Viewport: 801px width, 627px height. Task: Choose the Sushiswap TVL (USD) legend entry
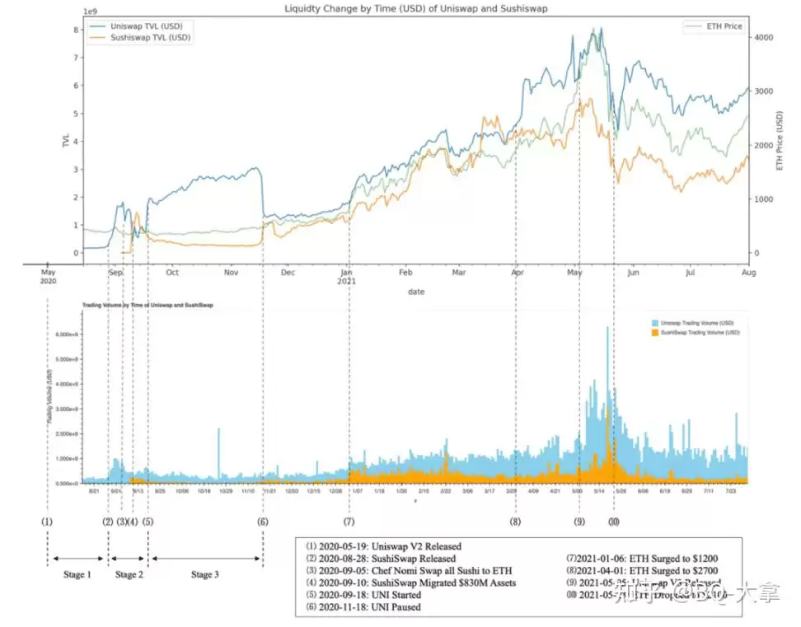point(151,38)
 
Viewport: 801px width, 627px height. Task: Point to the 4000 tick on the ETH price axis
point(763,38)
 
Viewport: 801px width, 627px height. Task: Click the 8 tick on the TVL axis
point(76,30)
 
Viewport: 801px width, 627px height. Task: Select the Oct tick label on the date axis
point(172,272)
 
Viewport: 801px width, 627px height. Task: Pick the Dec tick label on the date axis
point(288,272)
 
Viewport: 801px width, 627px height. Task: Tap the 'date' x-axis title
point(416,291)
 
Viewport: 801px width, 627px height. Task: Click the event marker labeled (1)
point(47,521)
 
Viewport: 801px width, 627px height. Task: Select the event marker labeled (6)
point(263,521)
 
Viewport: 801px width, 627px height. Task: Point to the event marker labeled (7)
point(349,521)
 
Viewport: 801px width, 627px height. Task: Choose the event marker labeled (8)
point(516,521)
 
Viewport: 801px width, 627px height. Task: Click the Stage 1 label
point(77,574)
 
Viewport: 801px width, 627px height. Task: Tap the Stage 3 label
point(205,574)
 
